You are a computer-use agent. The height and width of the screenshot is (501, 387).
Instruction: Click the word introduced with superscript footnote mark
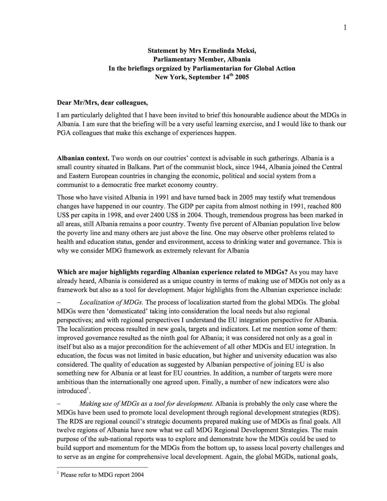point(72,391)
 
